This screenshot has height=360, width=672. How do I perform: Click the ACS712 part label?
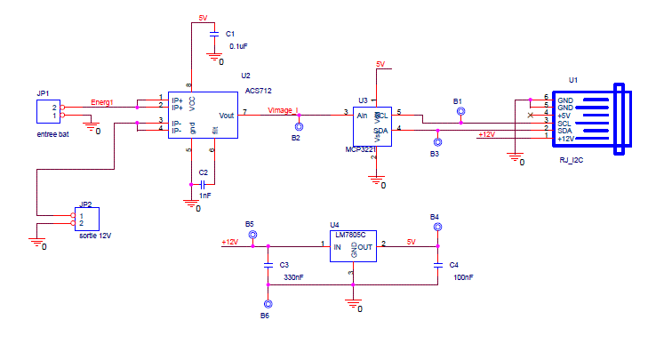259,92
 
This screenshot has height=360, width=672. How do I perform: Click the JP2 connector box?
87,219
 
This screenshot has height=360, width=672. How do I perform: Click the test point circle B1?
460,112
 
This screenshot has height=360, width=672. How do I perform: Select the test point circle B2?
298,128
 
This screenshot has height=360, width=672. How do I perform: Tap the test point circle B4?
437,228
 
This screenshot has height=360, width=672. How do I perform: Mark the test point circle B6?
267,302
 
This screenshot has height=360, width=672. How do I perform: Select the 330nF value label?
293,278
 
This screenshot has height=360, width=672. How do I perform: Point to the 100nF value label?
463,278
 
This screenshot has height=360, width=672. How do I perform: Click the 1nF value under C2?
204,195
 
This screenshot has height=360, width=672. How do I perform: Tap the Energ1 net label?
102,103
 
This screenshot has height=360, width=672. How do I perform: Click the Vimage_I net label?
284,110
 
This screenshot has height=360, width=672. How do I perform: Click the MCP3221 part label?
363,151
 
